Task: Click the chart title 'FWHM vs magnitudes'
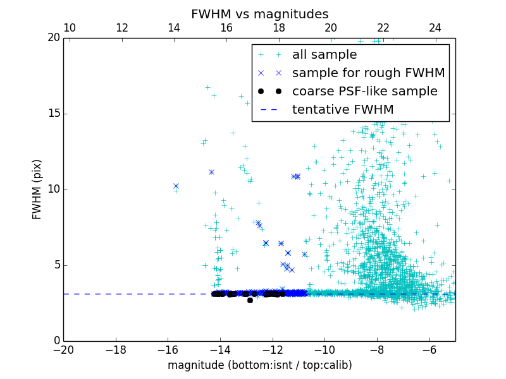point(259,14)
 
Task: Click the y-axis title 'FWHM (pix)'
point(37,189)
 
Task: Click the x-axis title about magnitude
point(259,365)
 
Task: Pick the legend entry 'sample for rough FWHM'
point(368,73)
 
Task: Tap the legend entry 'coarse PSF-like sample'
point(364,92)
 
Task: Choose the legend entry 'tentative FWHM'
point(343,110)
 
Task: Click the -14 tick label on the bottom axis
point(220,349)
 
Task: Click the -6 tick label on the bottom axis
point(429,349)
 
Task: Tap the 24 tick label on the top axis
point(435,28)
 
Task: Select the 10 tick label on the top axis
point(70,28)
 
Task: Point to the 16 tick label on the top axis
point(226,28)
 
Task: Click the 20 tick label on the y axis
point(53,38)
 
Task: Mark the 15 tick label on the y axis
point(53,114)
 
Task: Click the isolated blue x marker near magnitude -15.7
point(176,186)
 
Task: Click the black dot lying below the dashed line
point(250,300)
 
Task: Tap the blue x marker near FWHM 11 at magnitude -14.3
point(211,172)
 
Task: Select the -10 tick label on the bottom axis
point(324,349)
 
